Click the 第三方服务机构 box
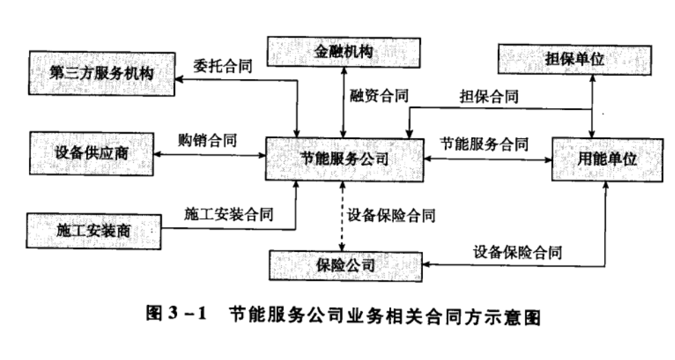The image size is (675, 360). (x=101, y=74)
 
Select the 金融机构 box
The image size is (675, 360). (x=342, y=51)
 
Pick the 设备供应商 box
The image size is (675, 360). (x=91, y=153)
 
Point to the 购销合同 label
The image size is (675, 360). (x=207, y=140)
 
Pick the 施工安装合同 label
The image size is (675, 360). (x=228, y=214)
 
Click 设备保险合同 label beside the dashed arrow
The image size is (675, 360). (x=391, y=215)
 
